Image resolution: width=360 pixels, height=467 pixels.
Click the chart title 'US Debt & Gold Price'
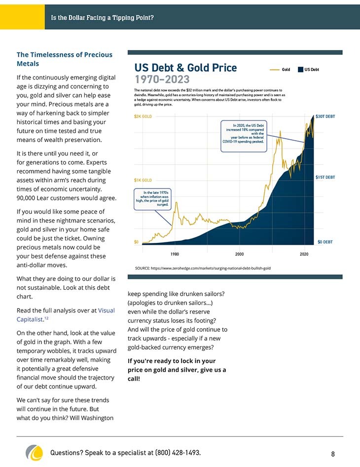tap(185, 68)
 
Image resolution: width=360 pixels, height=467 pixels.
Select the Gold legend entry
tap(280, 70)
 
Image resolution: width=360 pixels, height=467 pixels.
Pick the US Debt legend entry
tap(308, 70)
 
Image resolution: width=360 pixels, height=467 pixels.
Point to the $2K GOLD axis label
tap(143, 117)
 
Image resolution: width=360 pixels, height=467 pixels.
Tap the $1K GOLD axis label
tap(143, 180)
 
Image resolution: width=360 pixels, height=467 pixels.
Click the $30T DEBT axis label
tap(325, 117)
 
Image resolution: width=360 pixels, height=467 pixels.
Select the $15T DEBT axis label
tap(325, 177)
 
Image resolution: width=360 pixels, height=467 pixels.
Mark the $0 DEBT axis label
tap(325, 242)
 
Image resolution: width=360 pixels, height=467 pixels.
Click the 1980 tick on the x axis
tap(175, 254)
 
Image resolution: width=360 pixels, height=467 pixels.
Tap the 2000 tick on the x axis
tap(239, 254)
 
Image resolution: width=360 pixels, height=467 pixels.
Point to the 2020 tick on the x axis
tap(304, 254)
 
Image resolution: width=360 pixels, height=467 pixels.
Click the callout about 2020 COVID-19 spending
tap(244, 136)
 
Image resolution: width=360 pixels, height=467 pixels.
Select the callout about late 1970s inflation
tap(152, 199)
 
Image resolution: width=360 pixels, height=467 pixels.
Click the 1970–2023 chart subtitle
tap(162, 79)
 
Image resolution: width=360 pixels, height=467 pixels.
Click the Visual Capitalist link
tap(66, 315)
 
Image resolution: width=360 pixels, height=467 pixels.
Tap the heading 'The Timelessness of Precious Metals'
tap(65, 59)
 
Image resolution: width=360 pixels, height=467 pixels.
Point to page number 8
tap(333, 454)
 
